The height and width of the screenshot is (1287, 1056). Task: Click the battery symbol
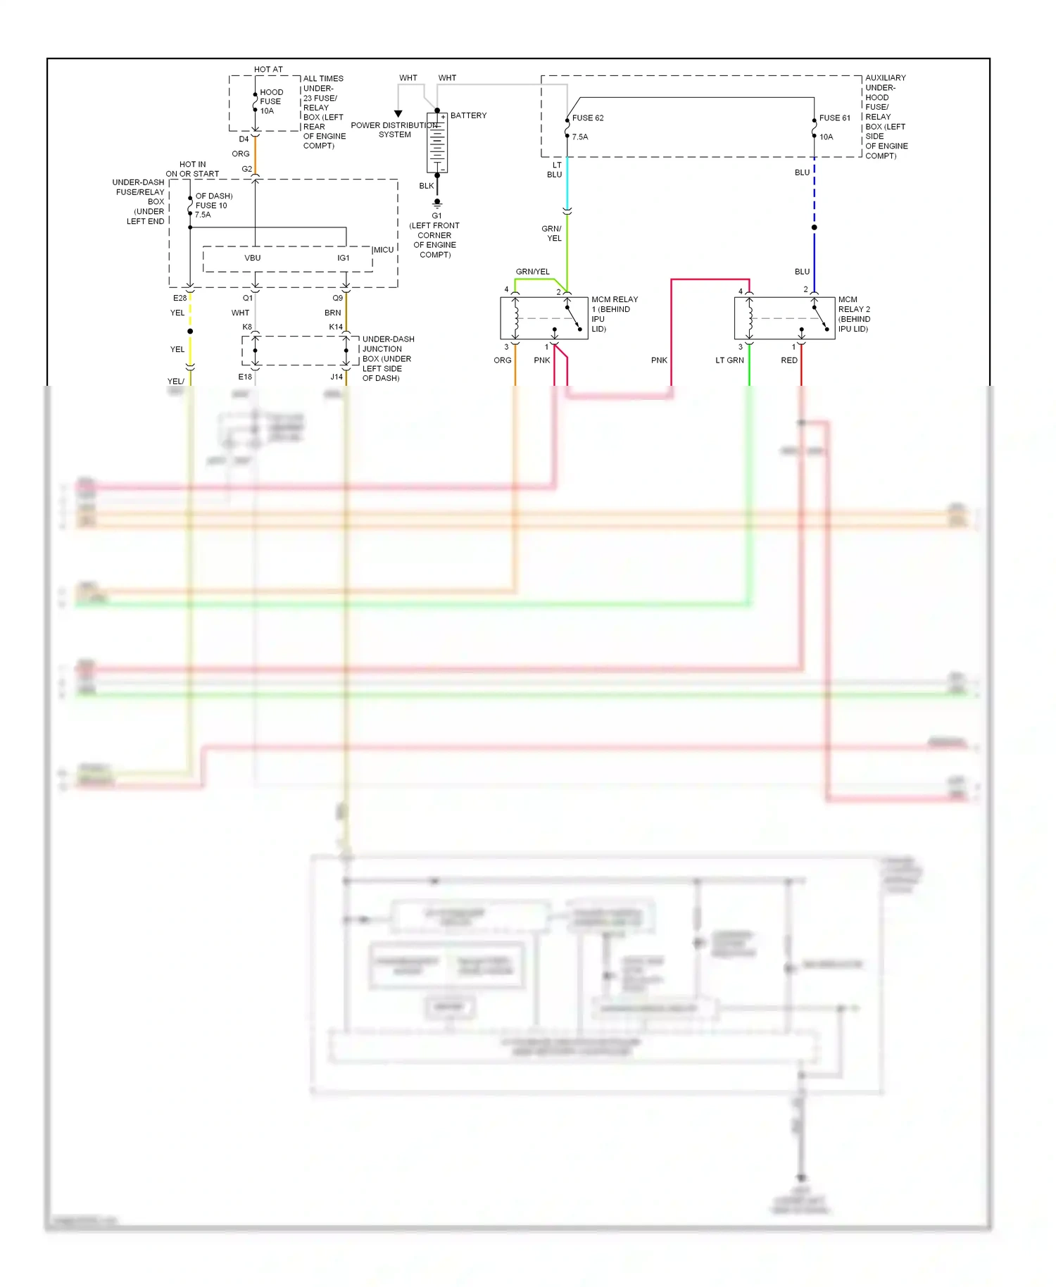(437, 143)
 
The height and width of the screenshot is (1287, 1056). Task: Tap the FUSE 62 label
(588, 118)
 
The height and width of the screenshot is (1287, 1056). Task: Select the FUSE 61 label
(835, 118)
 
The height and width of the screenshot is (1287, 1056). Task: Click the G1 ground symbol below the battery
(437, 203)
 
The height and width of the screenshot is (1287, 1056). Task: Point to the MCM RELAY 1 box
(543, 318)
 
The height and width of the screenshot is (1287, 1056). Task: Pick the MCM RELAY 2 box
(784, 318)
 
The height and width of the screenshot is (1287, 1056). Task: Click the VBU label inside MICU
(253, 258)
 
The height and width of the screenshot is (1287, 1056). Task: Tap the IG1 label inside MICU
(344, 258)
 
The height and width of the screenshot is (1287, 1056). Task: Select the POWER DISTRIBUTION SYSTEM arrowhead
(398, 113)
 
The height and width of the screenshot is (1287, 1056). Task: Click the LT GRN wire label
(729, 360)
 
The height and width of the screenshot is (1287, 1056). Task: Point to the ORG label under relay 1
(503, 360)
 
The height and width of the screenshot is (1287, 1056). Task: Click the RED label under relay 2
(789, 360)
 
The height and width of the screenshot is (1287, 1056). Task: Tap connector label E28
(180, 299)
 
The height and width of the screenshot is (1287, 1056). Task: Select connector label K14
(336, 327)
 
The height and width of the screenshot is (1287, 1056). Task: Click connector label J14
(337, 377)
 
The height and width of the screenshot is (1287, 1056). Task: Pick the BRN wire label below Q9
(332, 313)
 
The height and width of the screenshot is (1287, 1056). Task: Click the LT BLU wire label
(555, 170)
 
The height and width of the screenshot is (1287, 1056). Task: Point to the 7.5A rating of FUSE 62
(580, 137)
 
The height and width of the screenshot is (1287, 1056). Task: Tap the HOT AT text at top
(268, 70)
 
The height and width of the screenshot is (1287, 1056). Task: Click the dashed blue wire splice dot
(815, 227)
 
